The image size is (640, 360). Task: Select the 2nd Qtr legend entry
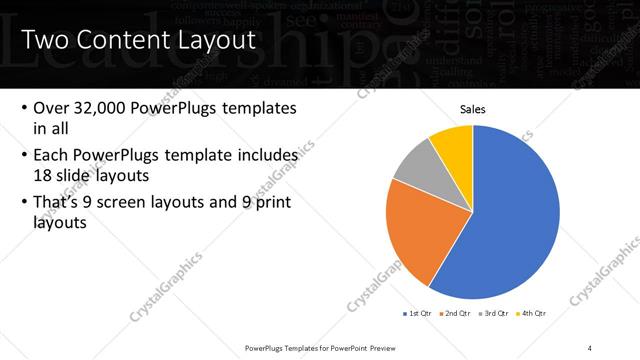pos(459,313)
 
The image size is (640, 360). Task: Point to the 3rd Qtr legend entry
pos(497,313)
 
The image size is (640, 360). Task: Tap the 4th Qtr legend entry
pos(534,313)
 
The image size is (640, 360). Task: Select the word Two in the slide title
pos(44,41)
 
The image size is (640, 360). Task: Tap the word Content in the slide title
pos(124,41)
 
